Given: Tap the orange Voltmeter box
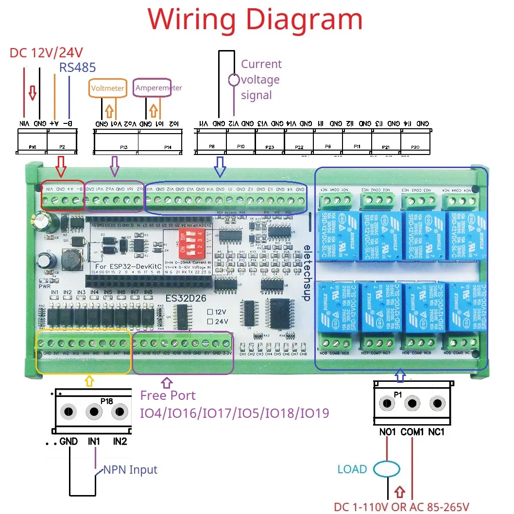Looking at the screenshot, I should point(107,88).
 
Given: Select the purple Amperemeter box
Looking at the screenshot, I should point(153,87).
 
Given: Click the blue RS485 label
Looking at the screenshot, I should point(77,68).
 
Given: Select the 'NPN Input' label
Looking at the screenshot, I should point(130,470).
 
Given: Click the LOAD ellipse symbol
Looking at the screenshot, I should point(387,469).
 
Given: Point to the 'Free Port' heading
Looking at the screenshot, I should point(168,395).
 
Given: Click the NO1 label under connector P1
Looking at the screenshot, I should point(387,432).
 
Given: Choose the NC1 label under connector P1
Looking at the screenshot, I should point(436,432).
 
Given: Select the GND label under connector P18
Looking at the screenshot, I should point(69,442).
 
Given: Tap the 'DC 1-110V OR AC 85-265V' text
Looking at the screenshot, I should point(401,507).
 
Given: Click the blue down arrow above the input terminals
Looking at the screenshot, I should point(220,166).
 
